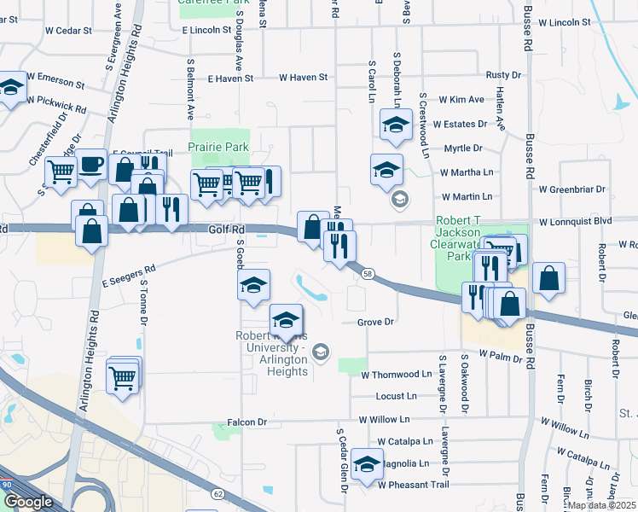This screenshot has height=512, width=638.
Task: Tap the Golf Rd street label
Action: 226,230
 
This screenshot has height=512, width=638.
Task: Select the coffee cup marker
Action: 91,165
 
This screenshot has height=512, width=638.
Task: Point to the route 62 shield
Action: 217,493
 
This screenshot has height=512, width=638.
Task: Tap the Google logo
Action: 28,502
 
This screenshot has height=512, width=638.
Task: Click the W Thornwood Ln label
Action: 397,374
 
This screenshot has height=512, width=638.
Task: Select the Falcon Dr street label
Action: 247,422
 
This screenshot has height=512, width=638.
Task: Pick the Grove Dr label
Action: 375,323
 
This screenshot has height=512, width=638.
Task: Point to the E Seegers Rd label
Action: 128,275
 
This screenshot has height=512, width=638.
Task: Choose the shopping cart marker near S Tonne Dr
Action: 123,375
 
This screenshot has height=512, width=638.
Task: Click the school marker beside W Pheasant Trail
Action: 368,464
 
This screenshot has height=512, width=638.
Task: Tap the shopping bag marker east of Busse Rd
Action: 549,278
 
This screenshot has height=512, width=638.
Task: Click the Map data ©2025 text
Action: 602,505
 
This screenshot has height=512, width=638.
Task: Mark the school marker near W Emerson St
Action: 12,87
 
